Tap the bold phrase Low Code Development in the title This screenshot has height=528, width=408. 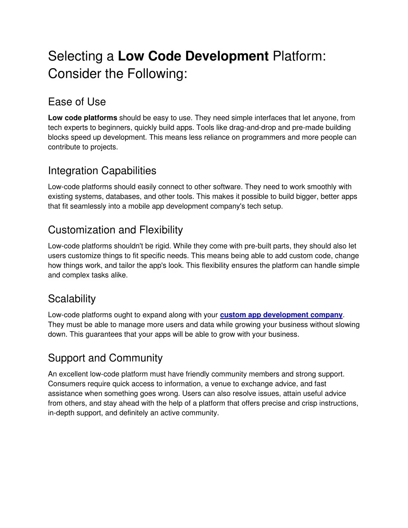pos(193,56)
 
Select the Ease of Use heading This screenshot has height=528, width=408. pos(77,102)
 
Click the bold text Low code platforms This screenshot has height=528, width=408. pos(82,118)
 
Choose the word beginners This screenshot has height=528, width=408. pos(116,128)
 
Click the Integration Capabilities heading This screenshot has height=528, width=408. pos(102,171)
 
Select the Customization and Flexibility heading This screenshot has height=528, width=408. pos(115,230)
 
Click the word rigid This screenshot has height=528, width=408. pos(162,246)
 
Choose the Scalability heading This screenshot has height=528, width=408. pos(72,299)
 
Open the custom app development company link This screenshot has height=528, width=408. pos(281,315)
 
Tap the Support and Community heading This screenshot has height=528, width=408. pos(105,358)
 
